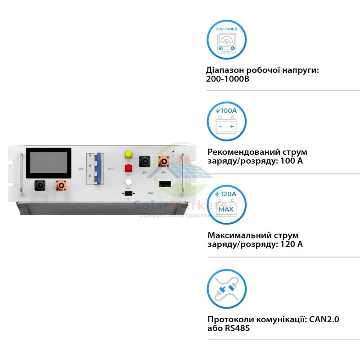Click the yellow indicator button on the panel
coord(128,154)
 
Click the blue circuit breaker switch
coord(95,169)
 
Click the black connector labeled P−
coord(145,161)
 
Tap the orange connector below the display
coord(60,185)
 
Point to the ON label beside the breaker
coord(81,169)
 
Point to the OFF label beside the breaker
coord(110,169)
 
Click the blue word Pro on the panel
coord(150,193)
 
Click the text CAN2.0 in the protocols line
coord(323,319)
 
